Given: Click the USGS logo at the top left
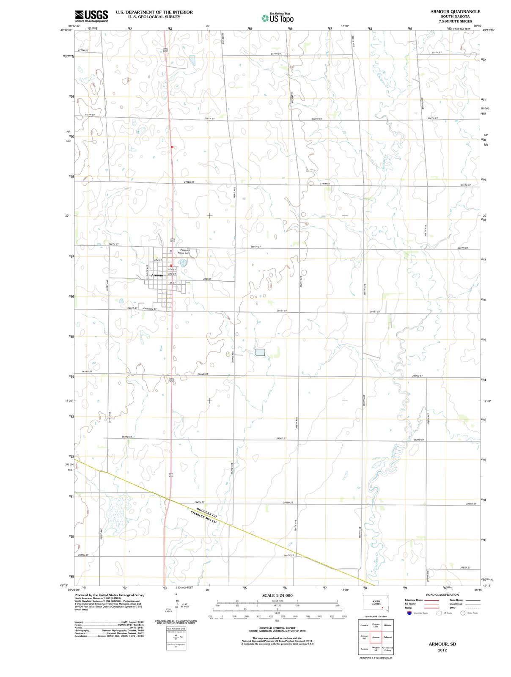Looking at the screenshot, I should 91,16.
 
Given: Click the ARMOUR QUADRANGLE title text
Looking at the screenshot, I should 455,11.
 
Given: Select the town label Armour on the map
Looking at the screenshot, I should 157,275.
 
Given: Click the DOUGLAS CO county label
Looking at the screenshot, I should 206,514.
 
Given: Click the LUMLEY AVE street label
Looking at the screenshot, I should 147,271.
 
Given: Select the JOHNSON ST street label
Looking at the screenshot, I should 149,309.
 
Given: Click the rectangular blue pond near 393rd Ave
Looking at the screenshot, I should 260,352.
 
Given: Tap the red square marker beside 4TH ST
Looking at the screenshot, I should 171,266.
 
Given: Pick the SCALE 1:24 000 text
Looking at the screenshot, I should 277,595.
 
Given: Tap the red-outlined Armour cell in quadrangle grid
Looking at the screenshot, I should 376,637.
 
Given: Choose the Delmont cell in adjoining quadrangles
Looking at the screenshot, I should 387,637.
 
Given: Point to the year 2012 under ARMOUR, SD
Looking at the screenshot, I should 442,650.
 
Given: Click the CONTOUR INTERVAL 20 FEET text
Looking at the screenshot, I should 277,628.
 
